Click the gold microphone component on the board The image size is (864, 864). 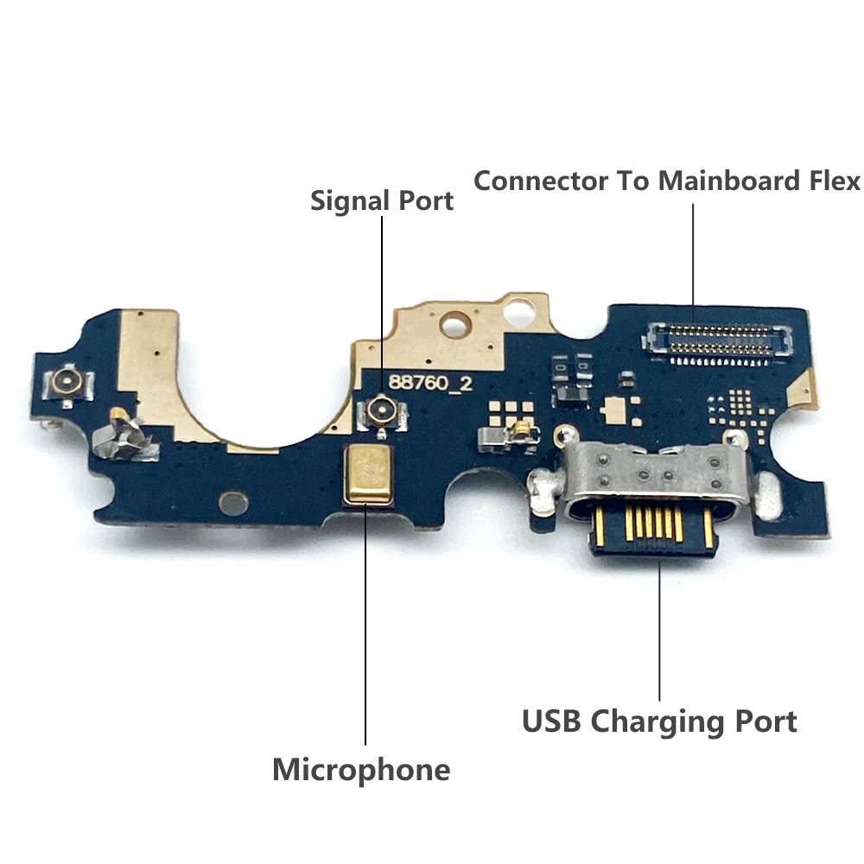point(369,474)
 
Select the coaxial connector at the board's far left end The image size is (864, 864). point(65,379)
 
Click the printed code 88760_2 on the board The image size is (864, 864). point(429,383)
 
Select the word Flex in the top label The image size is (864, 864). point(831,181)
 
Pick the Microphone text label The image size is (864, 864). point(361,769)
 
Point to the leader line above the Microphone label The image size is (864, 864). point(365,631)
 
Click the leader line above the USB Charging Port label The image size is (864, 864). point(660,631)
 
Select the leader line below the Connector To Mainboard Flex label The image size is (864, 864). point(693,255)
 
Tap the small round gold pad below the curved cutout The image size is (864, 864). point(233,502)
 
